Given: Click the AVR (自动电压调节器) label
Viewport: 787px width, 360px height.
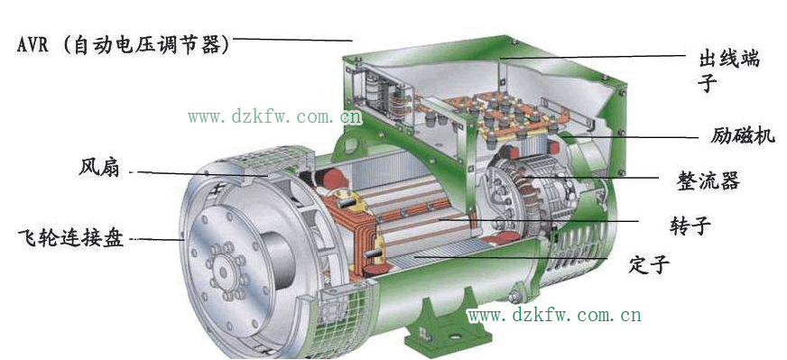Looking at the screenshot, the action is click(x=124, y=45).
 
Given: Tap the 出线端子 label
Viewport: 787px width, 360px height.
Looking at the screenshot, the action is click(x=729, y=70).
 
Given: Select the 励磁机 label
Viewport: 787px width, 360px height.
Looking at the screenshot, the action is click(x=743, y=135).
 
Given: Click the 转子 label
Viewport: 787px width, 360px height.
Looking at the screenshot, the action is click(x=690, y=226).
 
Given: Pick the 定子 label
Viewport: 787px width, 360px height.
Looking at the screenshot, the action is click(x=649, y=263).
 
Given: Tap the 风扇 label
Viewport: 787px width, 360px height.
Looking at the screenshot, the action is click(x=99, y=167).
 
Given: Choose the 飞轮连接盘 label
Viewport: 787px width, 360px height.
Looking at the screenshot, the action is click(x=70, y=236).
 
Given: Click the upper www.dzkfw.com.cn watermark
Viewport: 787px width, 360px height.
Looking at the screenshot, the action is click(x=275, y=117).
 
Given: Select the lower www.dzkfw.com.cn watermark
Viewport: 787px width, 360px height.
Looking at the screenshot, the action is click(x=554, y=315).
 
